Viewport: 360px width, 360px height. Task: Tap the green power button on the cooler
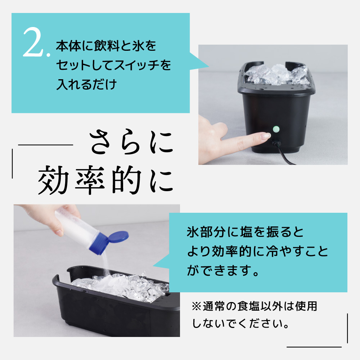tap(276, 129)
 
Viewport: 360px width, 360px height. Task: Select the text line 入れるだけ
tap(86, 85)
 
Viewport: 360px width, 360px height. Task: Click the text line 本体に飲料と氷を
tap(106, 47)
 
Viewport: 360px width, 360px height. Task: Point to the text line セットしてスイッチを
tap(113, 66)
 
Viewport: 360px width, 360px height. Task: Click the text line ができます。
tap(223, 270)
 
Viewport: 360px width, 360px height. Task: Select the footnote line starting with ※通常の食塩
tap(255, 306)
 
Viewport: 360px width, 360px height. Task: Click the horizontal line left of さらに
tap(45, 145)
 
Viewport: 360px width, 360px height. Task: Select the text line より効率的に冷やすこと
tap(257, 251)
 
